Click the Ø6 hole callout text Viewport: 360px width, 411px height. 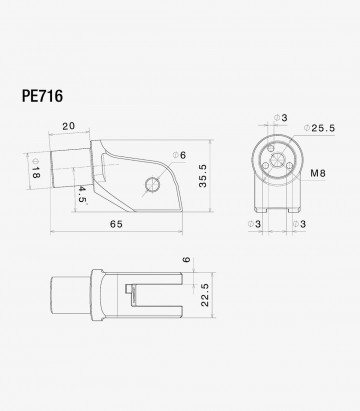click(x=180, y=154)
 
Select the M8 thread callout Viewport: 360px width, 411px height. click(x=318, y=174)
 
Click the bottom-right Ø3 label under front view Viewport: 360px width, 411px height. click(x=297, y=224)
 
